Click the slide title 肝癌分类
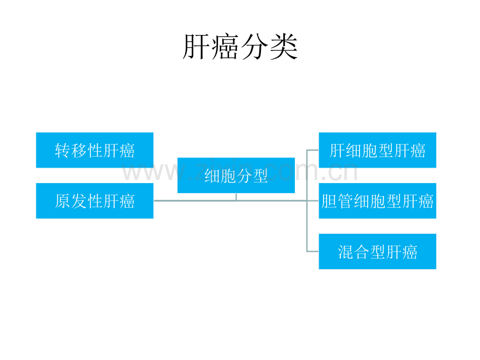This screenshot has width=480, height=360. [239, 48]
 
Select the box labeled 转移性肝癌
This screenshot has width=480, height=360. [94, 150]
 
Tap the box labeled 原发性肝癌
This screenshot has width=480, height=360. [94, 201]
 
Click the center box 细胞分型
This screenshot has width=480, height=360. [236, 175]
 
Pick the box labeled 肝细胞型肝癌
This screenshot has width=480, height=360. [377, 150]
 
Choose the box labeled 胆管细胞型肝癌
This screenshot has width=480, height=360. [377, 201]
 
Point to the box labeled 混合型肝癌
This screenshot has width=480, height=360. [377, 251]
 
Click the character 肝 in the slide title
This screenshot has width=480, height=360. [196, 48]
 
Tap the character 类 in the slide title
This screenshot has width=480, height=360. [283, 48]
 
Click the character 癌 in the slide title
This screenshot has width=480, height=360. [225, 48]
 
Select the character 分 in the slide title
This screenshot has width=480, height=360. [255, 48]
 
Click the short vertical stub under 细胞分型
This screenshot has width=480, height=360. [236, 197]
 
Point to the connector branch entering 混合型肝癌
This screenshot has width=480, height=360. [313, 251]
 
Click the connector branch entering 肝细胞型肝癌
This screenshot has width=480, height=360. [313, 150]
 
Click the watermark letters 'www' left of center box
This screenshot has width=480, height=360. [143, 173]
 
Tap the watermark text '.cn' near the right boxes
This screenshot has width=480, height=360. [342, 173]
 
